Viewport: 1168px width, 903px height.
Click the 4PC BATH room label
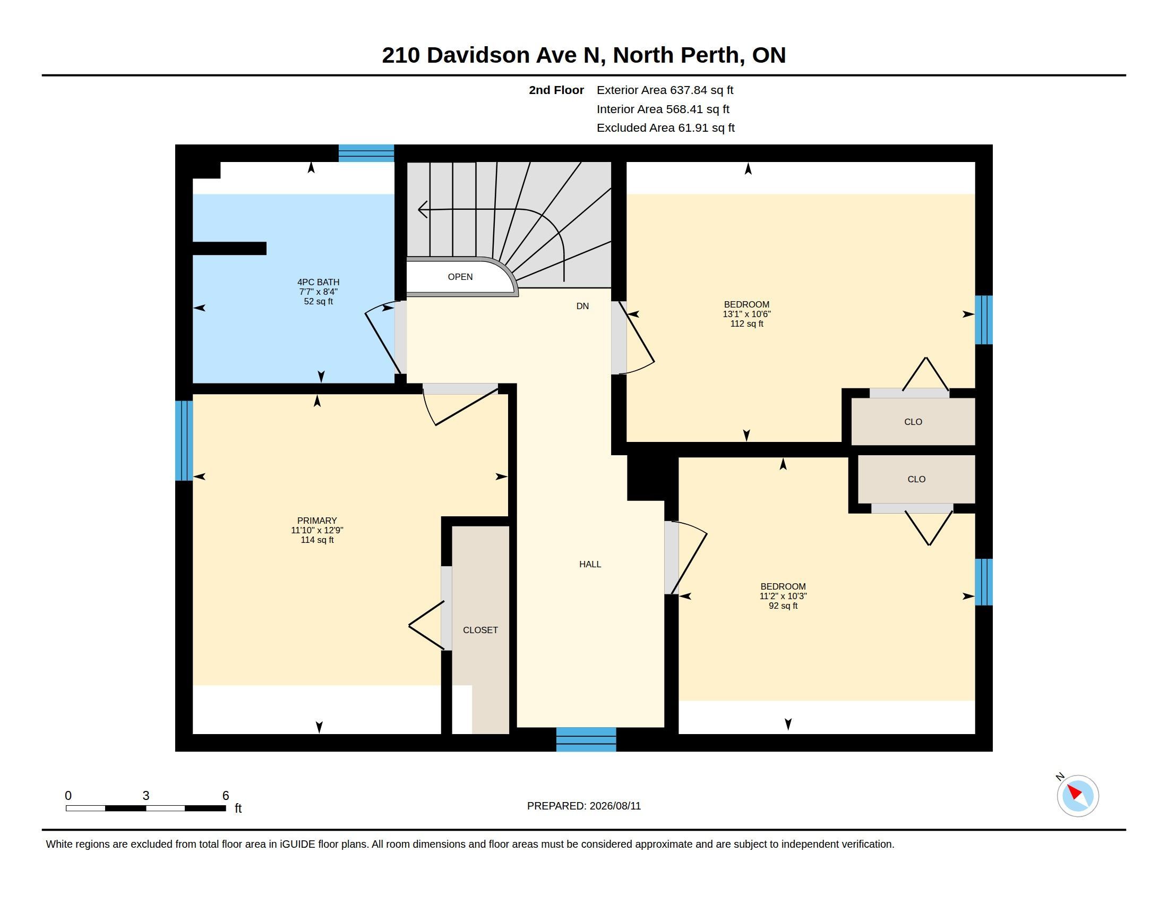pos(318,282)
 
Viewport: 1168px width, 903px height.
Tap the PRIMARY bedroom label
pos(317,521)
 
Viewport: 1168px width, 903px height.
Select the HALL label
pos(590,564)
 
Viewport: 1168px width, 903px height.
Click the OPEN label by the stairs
pos(460,277)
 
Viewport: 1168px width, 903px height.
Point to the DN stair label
pos(582,306)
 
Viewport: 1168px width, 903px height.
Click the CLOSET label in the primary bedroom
pos(480,630)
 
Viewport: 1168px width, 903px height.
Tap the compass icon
pos(1077,796)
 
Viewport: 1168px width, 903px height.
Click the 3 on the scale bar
pos(145,796)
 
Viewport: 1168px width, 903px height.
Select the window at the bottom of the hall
pos(586,739)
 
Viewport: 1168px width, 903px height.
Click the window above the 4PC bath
pos(366,153)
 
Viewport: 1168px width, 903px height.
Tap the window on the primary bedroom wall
pos(184,440)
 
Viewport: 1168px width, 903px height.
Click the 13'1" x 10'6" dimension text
pos(746,314)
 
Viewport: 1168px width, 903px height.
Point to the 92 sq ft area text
pos(783,606)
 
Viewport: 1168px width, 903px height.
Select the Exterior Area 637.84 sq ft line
pos(665,90)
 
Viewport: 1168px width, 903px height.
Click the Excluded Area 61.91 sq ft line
pos(665,128)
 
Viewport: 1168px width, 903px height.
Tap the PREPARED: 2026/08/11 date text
pos(583,806)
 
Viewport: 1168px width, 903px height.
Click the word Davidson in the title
pos(478,55)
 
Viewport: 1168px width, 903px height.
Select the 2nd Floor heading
pos(556,90)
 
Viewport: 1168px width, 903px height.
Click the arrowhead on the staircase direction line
pos(422,209)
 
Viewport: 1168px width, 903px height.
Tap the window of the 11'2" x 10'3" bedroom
pos(984,582)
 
